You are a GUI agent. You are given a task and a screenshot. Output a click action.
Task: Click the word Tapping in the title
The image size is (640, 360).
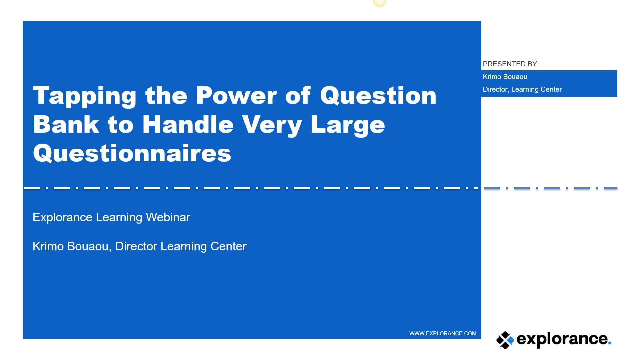click(84, 96)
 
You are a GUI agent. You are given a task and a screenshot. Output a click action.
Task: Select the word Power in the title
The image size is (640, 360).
click(236, 96)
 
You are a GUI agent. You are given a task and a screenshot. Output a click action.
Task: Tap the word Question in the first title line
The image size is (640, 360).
click(378, 96)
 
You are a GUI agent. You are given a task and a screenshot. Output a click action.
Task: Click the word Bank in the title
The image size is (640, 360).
click(66, 125)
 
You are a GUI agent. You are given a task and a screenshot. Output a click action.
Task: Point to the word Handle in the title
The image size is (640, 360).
click(188, 125)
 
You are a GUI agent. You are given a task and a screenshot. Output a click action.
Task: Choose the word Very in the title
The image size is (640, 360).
click(272, 125)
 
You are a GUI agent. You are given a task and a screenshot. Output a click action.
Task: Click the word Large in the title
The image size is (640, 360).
click(348, 125)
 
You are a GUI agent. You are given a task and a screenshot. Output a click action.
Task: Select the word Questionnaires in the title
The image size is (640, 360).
click(132, 154)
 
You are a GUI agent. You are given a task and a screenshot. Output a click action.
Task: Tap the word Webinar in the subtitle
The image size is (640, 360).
click(168, 217)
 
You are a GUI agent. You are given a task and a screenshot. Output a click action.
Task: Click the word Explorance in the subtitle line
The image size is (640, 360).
click(62, 217)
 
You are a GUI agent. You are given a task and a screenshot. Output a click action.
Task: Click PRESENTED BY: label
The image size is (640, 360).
click(510, 64)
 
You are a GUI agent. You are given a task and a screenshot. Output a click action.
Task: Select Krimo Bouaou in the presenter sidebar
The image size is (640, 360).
click(505, 77)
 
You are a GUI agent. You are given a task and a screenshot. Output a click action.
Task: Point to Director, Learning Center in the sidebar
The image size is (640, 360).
click(522, 89)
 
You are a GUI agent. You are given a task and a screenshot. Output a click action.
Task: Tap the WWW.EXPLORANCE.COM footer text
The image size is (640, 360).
click(442, 333)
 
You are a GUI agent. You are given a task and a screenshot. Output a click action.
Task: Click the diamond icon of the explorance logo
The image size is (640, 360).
click(505, 340)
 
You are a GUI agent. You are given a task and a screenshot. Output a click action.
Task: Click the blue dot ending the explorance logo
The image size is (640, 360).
click(609, 343)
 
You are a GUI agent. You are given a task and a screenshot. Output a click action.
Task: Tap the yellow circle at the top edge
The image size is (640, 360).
click(379, 3)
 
